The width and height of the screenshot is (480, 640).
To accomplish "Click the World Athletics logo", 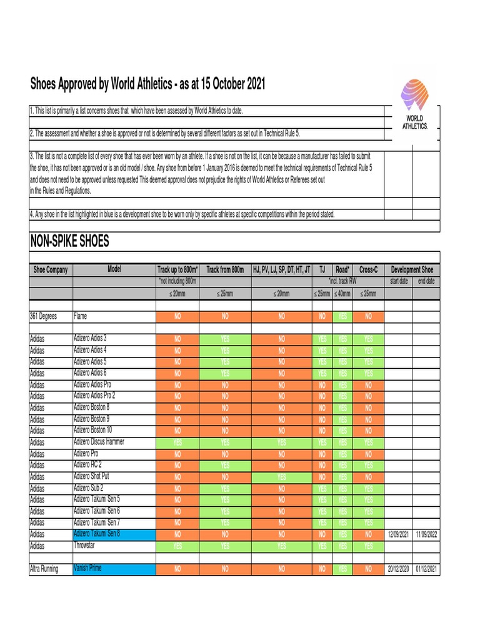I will [415, 104].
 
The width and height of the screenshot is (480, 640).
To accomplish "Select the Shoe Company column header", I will [51, 270].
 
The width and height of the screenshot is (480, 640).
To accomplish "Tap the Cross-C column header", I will [368, 270].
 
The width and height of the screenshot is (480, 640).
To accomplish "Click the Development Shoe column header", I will [412, 270].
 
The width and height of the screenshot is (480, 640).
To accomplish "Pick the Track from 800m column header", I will [225, 270].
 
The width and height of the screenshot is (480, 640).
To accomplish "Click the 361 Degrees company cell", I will [44, 316].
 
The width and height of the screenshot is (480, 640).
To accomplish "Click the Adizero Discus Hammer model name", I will [99, 442].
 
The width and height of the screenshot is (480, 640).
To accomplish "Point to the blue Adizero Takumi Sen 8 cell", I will [114, 534].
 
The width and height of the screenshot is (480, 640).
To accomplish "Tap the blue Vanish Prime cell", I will [114, 569].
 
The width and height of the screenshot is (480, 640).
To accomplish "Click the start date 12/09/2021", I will [398, 534].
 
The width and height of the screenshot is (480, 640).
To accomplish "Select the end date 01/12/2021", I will [426, 569].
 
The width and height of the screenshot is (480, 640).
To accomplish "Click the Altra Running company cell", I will [44, 569].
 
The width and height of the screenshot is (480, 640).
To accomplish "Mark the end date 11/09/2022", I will [426, 534].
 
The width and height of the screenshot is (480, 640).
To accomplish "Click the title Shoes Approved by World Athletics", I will [147, 84].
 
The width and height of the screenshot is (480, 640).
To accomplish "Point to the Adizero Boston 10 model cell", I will [93, 430].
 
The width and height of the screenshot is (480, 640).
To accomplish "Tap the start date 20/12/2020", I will [398, 569].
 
